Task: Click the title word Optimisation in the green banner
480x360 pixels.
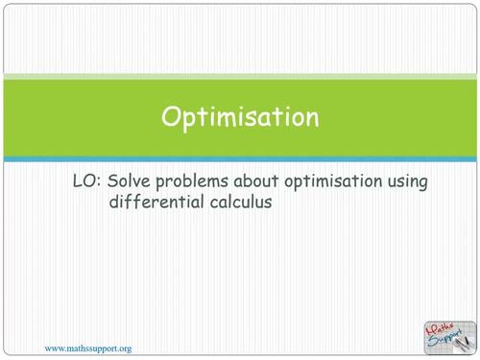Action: coord(239,117)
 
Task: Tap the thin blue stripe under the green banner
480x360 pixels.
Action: coord(240,158)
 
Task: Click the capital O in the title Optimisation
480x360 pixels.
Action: coord(170,117)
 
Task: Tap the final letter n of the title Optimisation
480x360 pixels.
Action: coord(311,118)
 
